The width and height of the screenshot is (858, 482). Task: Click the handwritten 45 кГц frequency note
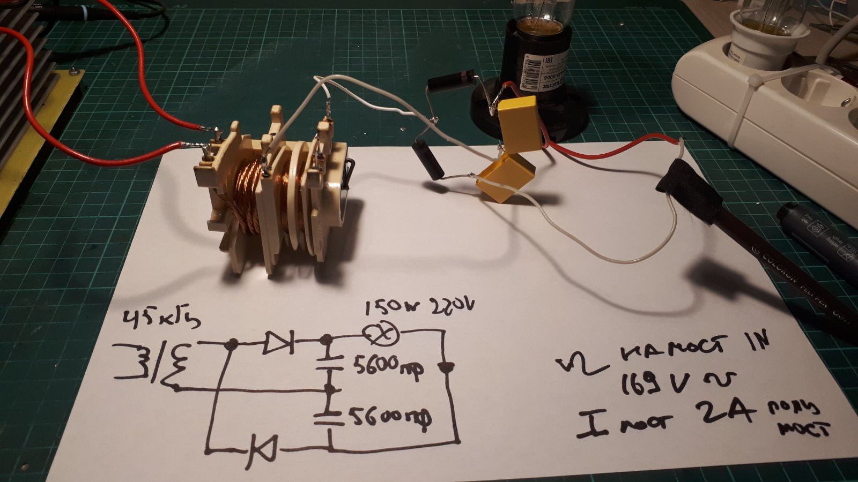pos(161,320)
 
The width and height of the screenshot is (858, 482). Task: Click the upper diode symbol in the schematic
pos(279,342)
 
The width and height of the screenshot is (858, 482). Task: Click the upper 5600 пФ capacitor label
pos(388,367)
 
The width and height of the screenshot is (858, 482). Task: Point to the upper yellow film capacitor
pos(519,124)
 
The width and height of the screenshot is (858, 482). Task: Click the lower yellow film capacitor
pos(506,177)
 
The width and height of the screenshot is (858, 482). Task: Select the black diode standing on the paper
pos(429,159)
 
